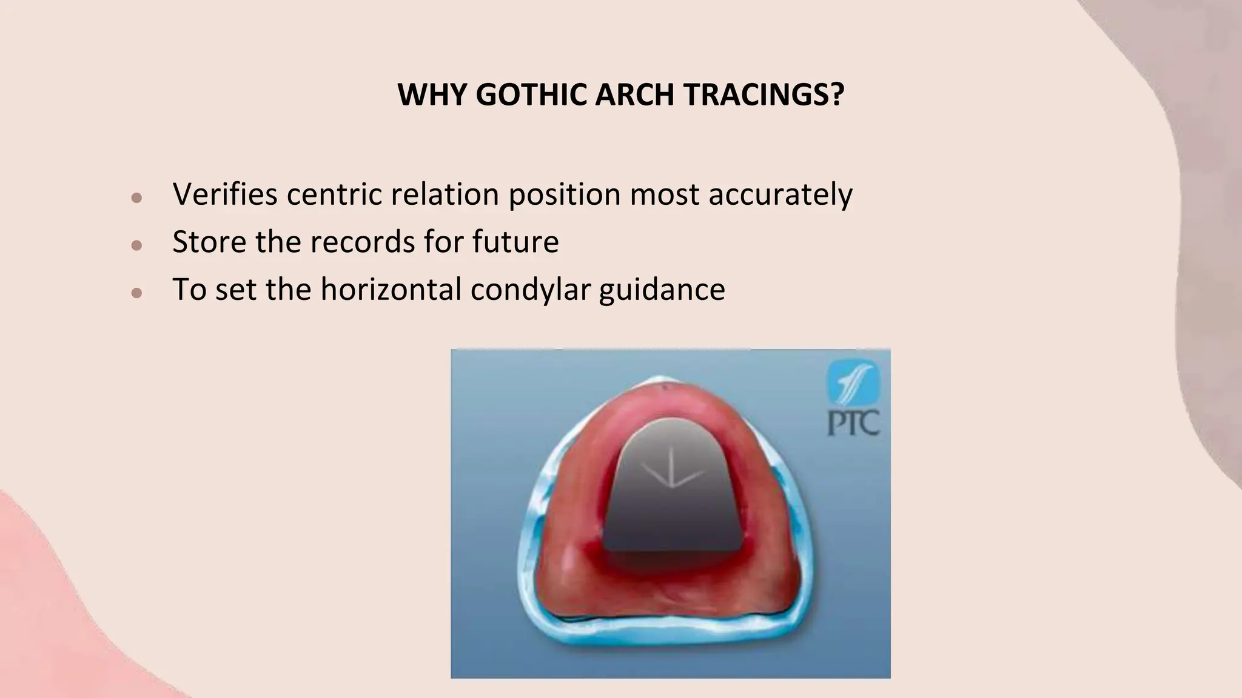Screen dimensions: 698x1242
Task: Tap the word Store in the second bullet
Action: pos(209,242)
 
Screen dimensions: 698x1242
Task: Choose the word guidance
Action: pos(662,290)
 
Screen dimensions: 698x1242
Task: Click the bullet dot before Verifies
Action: pos(136,198)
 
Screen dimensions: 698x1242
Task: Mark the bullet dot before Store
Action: pos(136,245)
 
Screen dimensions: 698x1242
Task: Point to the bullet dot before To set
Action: pos(136,293)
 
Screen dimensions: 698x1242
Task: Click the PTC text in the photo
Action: pos(854,424)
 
